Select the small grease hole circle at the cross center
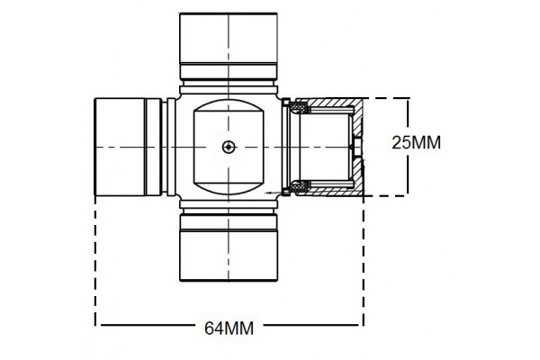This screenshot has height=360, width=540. pos(229,146)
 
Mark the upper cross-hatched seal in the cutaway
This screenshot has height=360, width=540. pos(299,109)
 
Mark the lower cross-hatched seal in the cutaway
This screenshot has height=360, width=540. pos(299,186)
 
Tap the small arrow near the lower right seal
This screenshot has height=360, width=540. pos(271,193)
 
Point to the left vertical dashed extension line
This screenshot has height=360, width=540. pos(96,261)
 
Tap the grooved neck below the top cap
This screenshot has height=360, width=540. pos(229,76)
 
